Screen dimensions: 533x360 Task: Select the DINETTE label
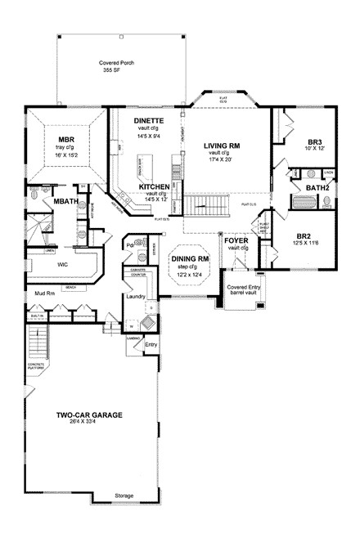[x=149, y=120]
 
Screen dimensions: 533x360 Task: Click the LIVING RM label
[x=221, y=145]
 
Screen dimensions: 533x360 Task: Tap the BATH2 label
[x=317, y=187]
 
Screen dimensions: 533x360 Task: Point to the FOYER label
[x=236, y=240]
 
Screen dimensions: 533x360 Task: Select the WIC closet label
[x=62, y=265]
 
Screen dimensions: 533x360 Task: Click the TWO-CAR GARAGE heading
[x=89, y=415]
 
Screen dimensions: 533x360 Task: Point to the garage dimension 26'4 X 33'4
[x=89, y=423]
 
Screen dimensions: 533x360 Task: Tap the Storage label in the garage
[x=124, y=496]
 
